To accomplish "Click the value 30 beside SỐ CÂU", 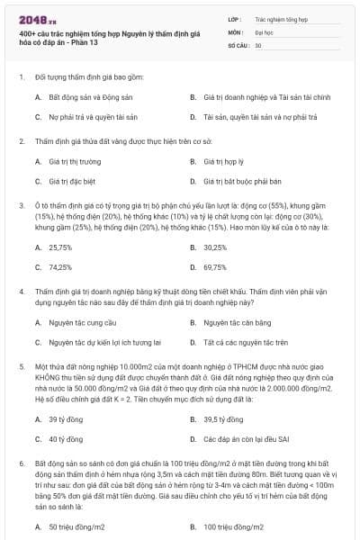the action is click(258, 44).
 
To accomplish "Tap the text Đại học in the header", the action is click(264, 31).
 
